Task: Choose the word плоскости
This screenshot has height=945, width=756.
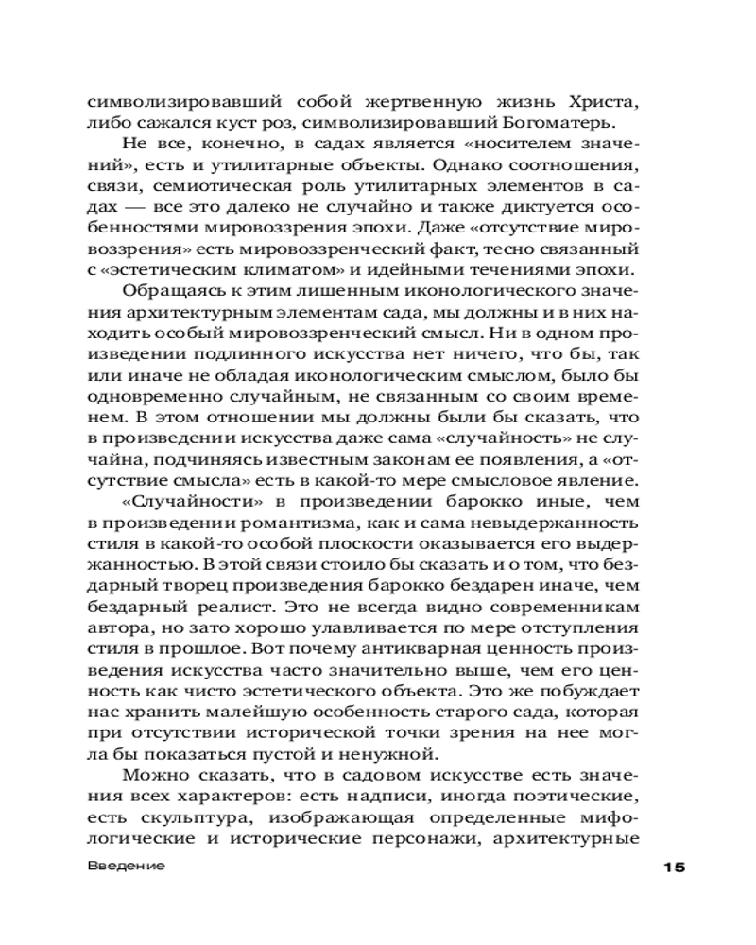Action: (x=361, y=544)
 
